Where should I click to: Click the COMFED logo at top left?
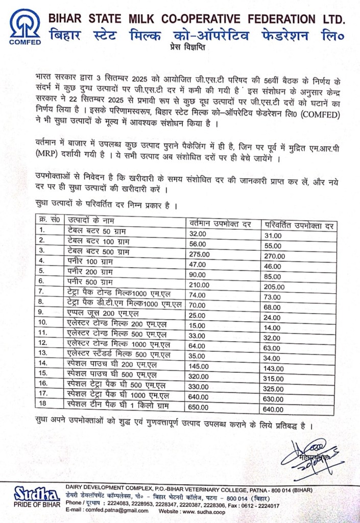[x=23, y=26]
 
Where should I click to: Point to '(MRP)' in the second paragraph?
[x=46, y=152]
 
